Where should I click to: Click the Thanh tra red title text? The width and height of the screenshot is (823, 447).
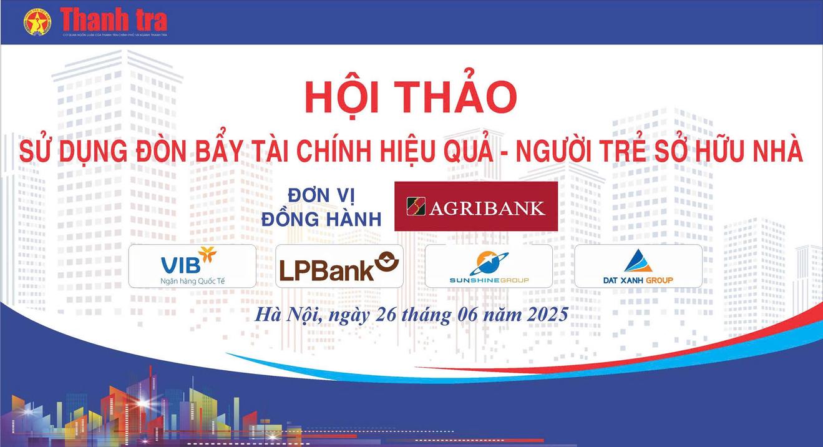(114, 21)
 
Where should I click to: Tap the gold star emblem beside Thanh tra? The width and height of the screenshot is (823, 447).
(37, 22)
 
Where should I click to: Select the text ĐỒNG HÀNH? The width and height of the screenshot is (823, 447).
(321, 219)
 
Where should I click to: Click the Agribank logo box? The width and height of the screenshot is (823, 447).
(475, 207)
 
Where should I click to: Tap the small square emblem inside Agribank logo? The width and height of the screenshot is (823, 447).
(416, 207)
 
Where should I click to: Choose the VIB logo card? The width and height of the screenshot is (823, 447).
(192, 266)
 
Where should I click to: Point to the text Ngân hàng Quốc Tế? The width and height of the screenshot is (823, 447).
(192, 280)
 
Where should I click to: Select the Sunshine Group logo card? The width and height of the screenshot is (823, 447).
(489, 266)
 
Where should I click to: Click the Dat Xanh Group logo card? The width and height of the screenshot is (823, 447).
(638, 266)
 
